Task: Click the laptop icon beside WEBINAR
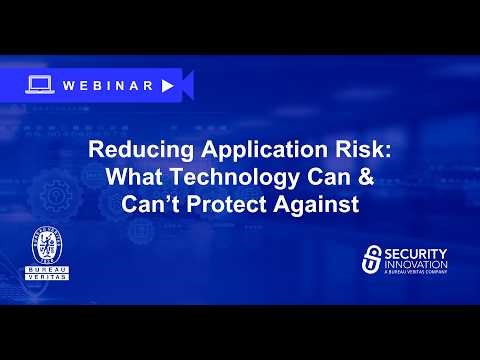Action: [x=41, y=85]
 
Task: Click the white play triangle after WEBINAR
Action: [x=167, y=85]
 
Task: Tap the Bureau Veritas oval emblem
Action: [x=50, y=248]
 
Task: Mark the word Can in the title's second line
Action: [x=311, y=181]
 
